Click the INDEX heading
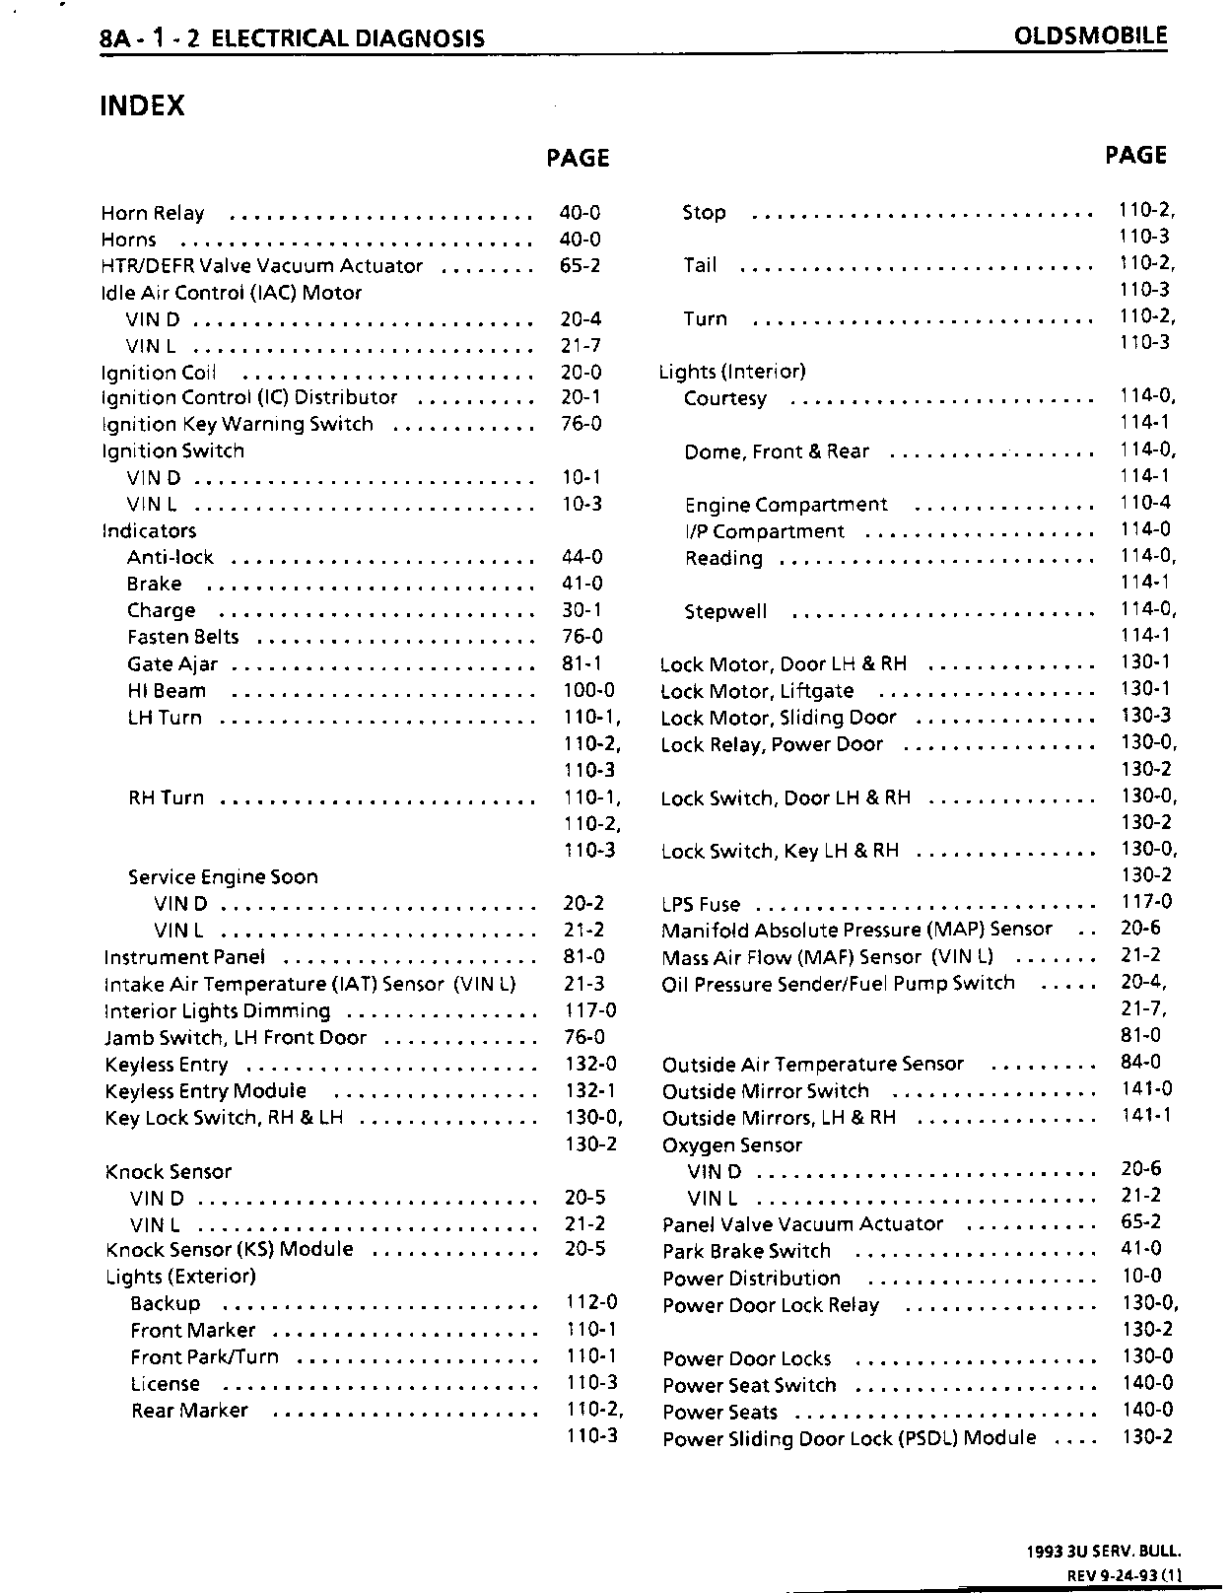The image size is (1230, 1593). (143, 105)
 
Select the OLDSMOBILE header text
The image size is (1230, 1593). (1090, 36)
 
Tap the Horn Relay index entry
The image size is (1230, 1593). (153, 214)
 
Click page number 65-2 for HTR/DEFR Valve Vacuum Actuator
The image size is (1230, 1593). (581, 266)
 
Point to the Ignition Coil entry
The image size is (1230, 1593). (158, 373)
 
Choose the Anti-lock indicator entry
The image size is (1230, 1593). (170, 558)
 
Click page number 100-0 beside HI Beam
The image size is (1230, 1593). (588, 691)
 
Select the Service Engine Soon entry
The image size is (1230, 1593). (223, 877)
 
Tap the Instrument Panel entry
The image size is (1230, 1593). (184, 957)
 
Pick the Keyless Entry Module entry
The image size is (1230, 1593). (206, 1091)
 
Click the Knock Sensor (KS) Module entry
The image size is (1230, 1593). (230, 1250)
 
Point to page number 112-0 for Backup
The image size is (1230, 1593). (591, 1303)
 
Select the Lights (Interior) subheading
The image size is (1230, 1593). (732, 372)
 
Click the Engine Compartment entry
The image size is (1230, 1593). (786, 505)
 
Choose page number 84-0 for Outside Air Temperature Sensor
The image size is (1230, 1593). (1141, 1063)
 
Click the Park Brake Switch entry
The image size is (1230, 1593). (746, 1252)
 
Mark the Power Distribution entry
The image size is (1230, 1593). (752, 1279)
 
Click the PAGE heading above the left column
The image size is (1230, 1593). (579, 159)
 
